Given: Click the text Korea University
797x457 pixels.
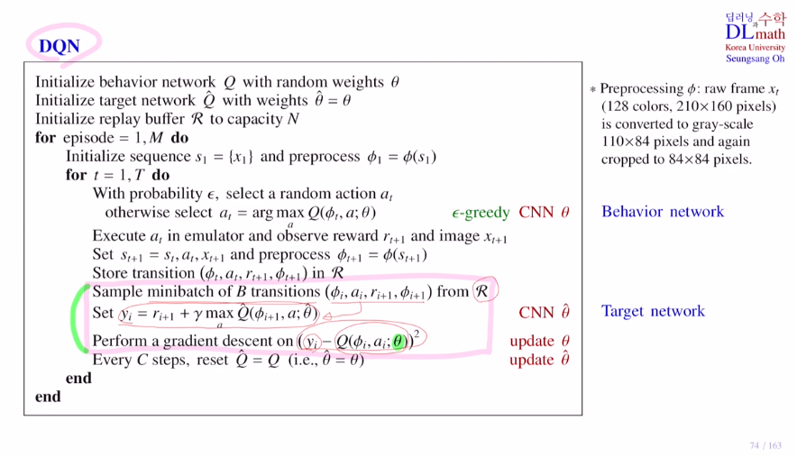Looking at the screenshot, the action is [x=755, y=48].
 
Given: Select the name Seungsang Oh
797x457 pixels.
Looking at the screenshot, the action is [x=755, y=59].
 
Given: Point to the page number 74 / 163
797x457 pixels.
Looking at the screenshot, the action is [x=765, y=445].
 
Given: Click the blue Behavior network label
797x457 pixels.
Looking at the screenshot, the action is [x=663, y=212].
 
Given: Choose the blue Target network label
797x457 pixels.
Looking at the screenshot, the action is [x=653, y=312].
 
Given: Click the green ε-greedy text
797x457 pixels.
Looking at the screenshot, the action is [x=481, y=214].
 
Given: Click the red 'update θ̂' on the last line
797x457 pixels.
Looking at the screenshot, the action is [x=539, y=360].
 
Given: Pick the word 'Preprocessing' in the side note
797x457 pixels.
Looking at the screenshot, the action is [x=642, y=89].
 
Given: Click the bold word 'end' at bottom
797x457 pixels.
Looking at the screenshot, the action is [x=48, y=396].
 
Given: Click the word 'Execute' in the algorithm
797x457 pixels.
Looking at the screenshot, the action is [x=118, y=237].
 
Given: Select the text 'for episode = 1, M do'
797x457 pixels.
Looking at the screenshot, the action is [x=112, y=138].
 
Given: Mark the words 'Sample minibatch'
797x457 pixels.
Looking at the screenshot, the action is [x=147, y=292].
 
